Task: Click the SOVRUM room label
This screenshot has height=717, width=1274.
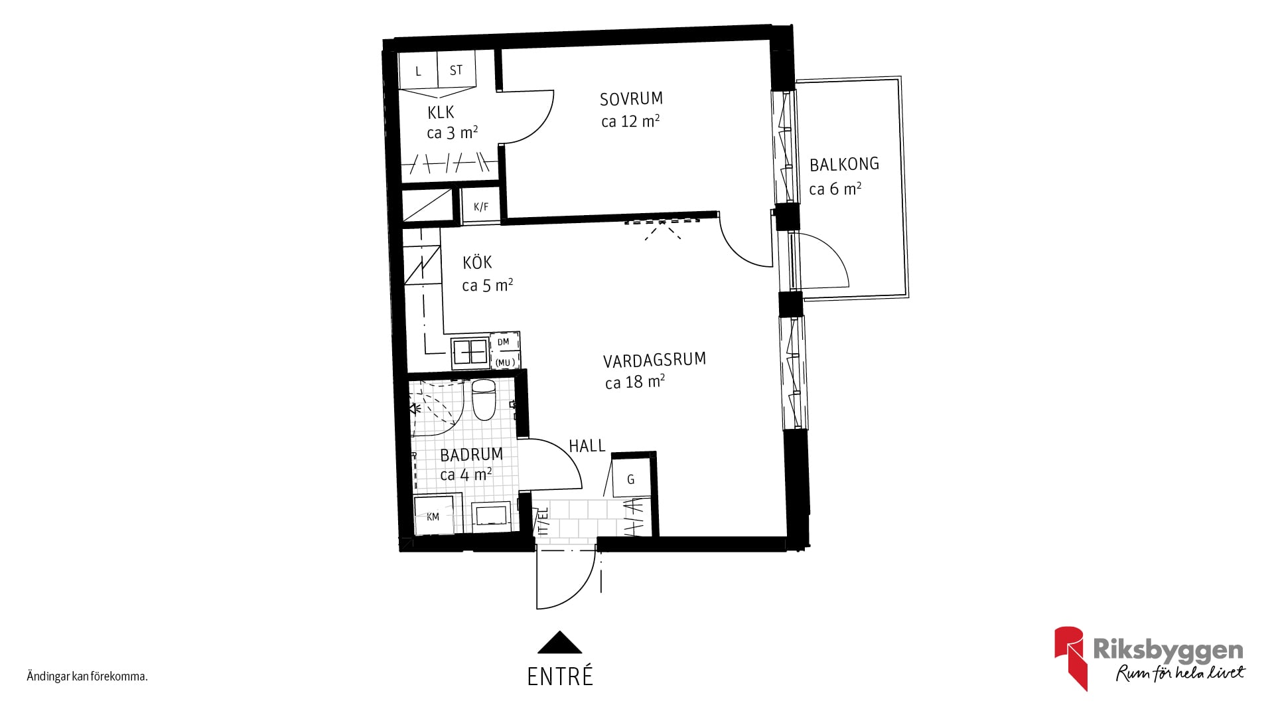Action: (x=631, y=99)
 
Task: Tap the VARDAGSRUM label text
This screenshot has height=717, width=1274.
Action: (x=654, y=360)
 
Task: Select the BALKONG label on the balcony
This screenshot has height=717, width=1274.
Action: (x=844, y=164)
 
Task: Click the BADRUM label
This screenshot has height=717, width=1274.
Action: (x=471, y=455)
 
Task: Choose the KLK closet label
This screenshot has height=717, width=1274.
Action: (x=441, y=112)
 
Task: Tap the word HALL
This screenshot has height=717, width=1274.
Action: (x=587, y=446)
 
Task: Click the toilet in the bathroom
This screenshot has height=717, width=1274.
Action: (x=483, y=400)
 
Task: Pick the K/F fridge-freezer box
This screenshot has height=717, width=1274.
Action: (x=481, y=206)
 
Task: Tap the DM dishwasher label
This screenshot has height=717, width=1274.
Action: (x=504, y=342)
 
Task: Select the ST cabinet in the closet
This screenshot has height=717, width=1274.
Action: (x=456, y=70)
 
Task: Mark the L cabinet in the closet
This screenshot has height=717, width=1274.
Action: (x=418, y=70)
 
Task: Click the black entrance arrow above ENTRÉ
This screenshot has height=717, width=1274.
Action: (x=559, y=642)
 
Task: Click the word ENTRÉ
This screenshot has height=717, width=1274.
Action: (x=560, y=677)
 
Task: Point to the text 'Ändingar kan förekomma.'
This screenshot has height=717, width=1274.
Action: (x=87, y=677)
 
